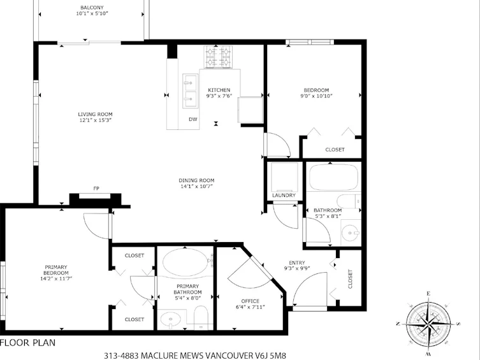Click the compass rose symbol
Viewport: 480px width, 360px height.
[428, 324]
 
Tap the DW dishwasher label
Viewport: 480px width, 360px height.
[193, 119]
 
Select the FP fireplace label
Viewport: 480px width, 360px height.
[96, 189]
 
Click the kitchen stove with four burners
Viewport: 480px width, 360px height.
[218, 57]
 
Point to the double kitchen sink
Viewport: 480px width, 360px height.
[190, 91]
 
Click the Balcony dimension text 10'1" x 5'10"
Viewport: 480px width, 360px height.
[92, 13]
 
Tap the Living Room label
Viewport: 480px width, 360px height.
[95, 115]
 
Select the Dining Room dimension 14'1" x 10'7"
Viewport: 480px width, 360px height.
[196, 186]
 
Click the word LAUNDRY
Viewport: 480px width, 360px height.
[284, 195]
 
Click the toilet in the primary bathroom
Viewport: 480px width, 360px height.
[201, 317]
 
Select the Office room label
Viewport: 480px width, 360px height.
[250, 301]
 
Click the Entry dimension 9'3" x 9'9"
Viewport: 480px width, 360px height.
[297, 268]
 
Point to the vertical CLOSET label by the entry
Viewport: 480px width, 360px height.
[350, 278]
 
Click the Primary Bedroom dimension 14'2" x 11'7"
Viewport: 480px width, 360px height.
[56, 278]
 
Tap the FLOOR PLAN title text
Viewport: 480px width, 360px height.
[28, 343]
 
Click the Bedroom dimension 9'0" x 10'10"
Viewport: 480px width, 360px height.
[316, 96]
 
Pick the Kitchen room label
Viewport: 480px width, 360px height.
[219, 90]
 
